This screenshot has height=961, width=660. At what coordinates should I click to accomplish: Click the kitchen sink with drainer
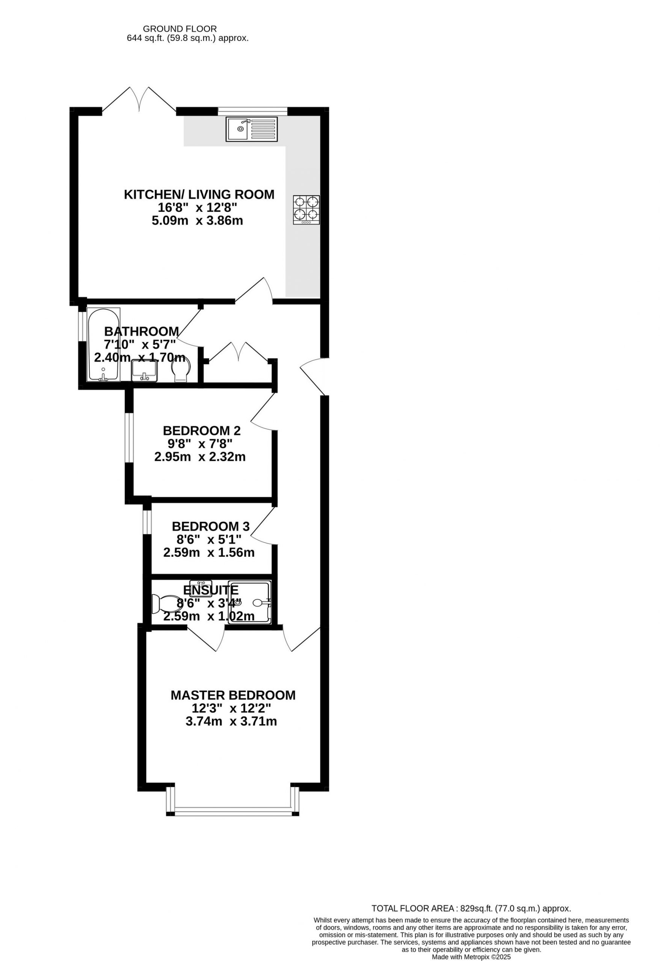pyautogui.click(x=252, y=129)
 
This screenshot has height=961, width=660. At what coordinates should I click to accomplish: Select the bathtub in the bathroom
pyautogui.click(x=103, y=345)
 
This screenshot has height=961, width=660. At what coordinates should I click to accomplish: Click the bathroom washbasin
pyautogui.click(x=144, y=371)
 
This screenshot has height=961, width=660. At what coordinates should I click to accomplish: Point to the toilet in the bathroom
pyautogui.click(x=181, y=369)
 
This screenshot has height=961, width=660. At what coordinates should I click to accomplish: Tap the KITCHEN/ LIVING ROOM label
pyautogui.click(x=199, y=194)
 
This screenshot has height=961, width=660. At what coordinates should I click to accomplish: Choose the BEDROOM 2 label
pyautogui.click(x=201, y=431)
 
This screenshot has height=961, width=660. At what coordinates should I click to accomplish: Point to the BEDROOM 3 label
pyautogui.click(x=211, y=526)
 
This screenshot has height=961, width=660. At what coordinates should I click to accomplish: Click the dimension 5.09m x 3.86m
pyautogui.click(x=197, y=220)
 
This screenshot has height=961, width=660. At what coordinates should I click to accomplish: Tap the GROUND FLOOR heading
pyautogui.click(x=180, y=29)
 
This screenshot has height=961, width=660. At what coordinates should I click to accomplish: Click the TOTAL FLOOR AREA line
pyautogui.click(x=471, y=908)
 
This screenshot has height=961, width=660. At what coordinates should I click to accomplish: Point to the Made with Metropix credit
pyautogui.click(x=471, y=957)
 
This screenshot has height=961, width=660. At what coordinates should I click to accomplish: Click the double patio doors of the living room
pyautogui.click(x=139, y=99)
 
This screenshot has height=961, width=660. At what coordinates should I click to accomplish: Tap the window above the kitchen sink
pyautogui.click(x=252, y=110)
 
